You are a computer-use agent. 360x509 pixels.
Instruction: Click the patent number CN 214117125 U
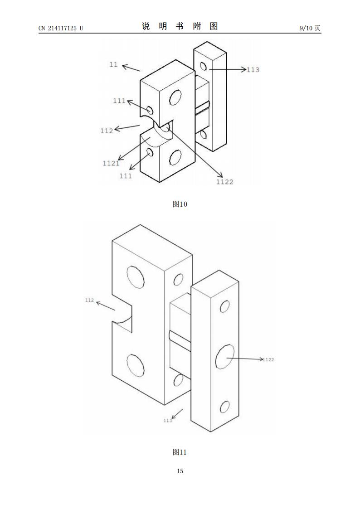tap(60, 28)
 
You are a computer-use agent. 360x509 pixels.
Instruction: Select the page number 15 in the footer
tap(180, 471)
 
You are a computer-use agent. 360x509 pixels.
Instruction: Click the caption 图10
tap(180, 204)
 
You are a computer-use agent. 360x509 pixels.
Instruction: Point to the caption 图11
tap(180, 452)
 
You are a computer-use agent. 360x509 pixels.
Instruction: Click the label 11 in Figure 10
tap(113, 65)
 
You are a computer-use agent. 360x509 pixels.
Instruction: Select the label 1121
tap(111, 163)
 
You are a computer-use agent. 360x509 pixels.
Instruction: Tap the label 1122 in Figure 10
tap(224, 182)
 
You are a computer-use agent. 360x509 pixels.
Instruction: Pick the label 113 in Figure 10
tap(253, 70)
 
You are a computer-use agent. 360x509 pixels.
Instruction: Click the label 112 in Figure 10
tap(107, 131)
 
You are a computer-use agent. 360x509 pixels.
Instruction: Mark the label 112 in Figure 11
tap(89, 300)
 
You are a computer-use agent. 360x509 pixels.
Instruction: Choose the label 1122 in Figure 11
tap(268, 359)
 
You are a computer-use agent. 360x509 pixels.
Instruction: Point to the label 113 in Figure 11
tap(168, 421)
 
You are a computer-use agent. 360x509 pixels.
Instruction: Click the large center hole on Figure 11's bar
tap(224, 356)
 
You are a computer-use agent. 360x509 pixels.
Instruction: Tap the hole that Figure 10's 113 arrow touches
tap(203, 67)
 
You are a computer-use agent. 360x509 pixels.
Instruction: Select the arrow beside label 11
tap(131, 68)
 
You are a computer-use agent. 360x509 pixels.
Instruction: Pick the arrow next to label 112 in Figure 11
tap(105, 305)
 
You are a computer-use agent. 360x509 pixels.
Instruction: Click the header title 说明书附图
tap(180, 26)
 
